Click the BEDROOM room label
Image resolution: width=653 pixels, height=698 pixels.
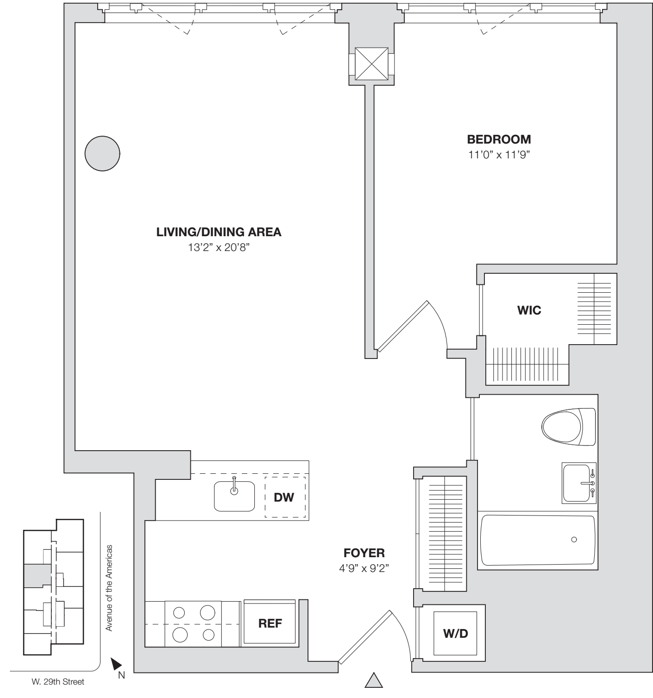pos(499,139)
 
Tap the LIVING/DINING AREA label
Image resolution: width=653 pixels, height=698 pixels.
pos(219,232)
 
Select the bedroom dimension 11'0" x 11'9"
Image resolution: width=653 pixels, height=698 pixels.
pos(499,155)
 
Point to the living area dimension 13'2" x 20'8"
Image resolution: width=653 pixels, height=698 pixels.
pos(219,248)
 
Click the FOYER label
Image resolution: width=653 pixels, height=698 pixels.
pos(364,553)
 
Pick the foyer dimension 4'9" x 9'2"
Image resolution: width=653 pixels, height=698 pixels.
pos(364,568)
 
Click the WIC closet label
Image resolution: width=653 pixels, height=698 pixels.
pos(529,310)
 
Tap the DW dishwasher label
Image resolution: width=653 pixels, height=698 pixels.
pos(284,497)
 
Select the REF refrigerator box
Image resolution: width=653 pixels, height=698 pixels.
pos(270,623)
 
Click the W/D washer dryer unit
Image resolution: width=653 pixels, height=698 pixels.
pos(456,634)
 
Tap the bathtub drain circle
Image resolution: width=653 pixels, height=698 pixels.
pos(574,540)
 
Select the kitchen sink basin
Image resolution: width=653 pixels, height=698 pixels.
pos(234,497)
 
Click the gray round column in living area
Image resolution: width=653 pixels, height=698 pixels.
pos(102,153)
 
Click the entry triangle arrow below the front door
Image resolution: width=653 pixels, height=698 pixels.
pos(374,681)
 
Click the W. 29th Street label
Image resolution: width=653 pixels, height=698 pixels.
pos(55,682)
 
